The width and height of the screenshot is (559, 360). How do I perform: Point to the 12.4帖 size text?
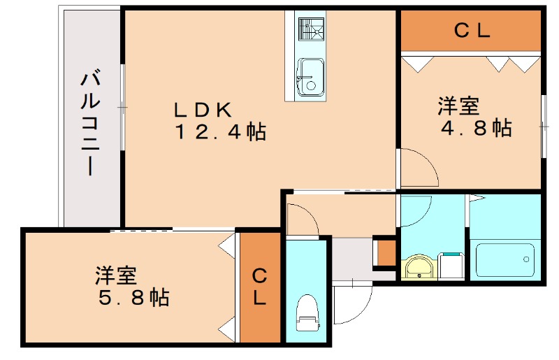pos(219,131)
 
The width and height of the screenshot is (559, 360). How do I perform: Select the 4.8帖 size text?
pos(475,128)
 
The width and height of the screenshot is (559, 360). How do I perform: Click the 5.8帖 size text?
pos(133,298)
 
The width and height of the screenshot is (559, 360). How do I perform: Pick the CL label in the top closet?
pos(472,31)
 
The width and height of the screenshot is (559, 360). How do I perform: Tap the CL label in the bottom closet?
pos(259,287)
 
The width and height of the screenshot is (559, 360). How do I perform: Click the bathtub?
pos(505,259)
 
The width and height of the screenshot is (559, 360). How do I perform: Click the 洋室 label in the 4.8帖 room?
pos(458,106)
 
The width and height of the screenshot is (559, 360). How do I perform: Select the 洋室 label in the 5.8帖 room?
pos(116,275)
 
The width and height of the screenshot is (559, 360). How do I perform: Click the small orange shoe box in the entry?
pos(385,252)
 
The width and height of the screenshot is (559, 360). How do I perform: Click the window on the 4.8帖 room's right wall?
pos(544,126)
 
